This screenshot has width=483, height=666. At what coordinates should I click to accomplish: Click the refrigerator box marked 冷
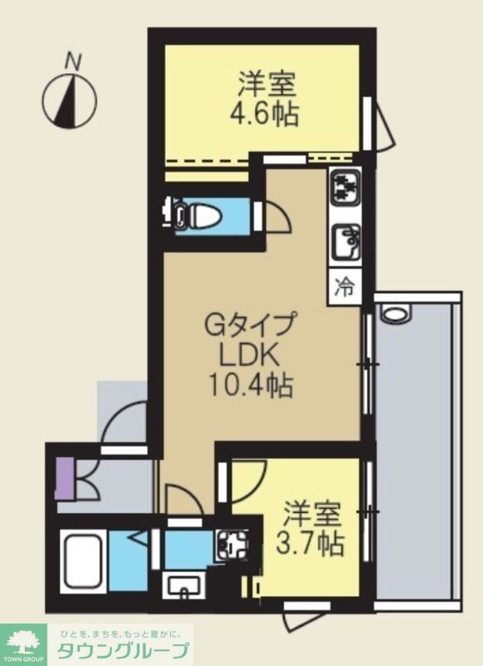coord(344,286)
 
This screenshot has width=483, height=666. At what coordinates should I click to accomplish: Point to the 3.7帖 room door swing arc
coord(243,483)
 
